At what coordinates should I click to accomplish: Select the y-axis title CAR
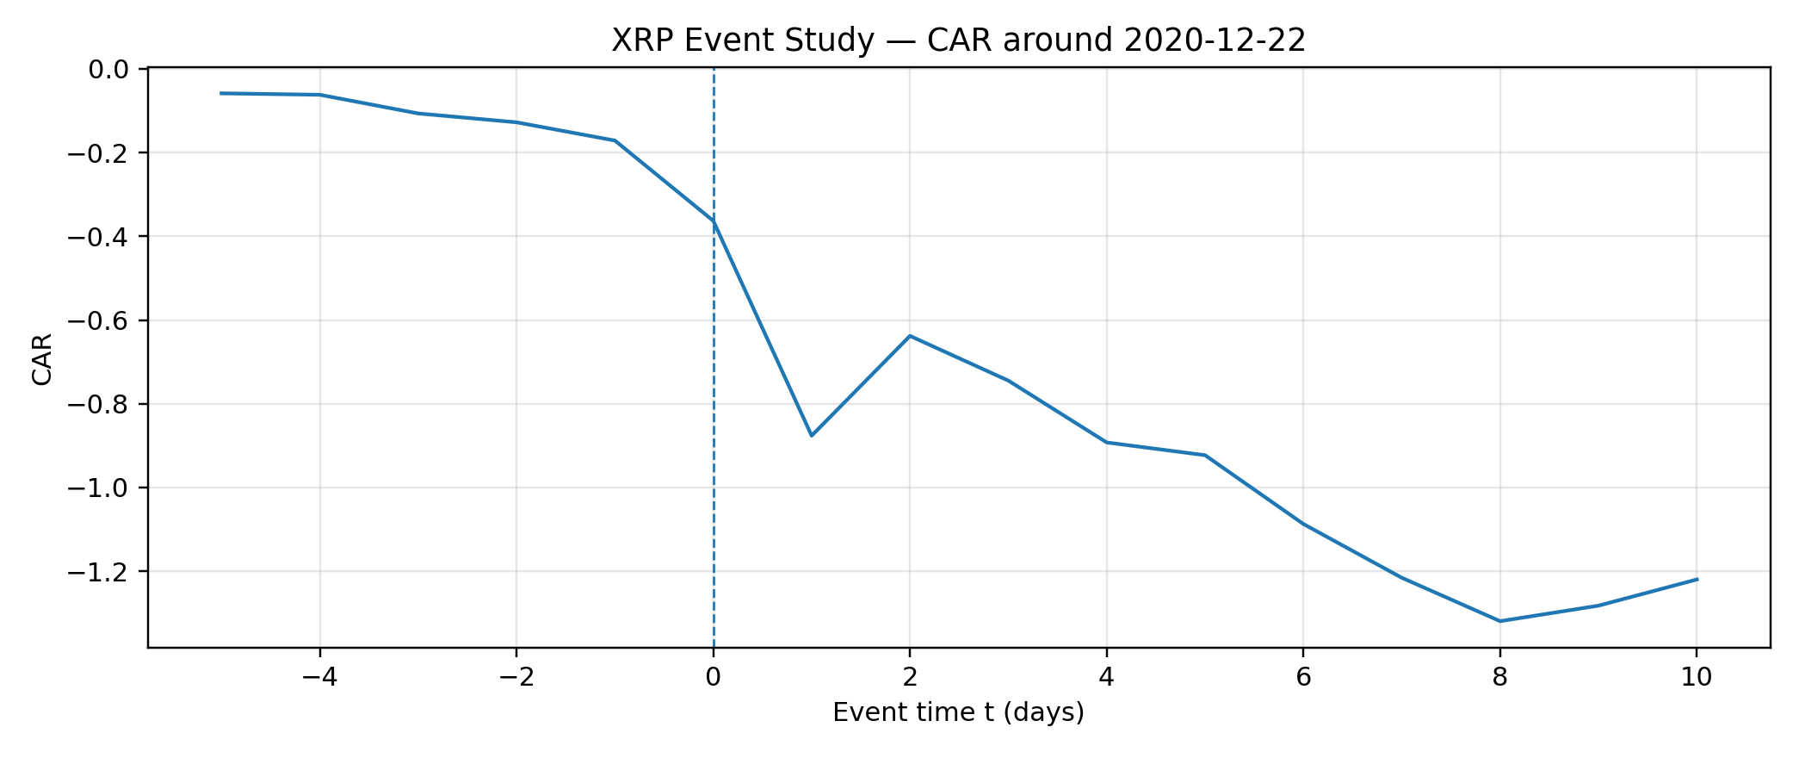coord(41,358)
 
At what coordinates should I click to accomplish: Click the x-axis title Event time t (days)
coord(958,712)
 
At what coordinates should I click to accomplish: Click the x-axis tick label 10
coord(1696,678)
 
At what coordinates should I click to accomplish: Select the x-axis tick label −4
coord(319,678)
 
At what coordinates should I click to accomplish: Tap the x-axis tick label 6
coord(1303,678)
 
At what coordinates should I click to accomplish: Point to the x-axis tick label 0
coord(713,678)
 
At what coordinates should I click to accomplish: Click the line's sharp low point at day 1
coord(812,436)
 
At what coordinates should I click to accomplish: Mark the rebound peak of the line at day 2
coord(910,336)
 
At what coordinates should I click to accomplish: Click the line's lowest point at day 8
coord(1500,621)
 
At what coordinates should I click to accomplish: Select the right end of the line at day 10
coord(1697,579)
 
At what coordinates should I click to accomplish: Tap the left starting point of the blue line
coord(221,93)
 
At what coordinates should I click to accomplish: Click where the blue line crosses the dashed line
coord(714,221)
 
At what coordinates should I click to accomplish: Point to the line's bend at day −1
coord(615,140)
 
